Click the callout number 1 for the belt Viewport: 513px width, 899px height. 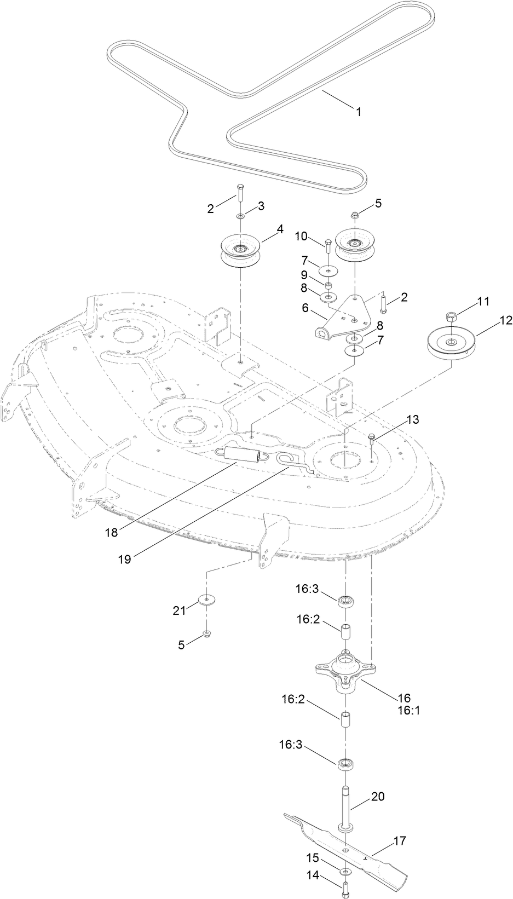[x=358, y=112]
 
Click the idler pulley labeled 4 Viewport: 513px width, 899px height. [x=240, y=252]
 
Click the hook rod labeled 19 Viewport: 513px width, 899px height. [x=290, y=462]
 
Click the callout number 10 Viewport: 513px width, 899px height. [x=301, y=236]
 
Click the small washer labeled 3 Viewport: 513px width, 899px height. [x=240, y=217]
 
